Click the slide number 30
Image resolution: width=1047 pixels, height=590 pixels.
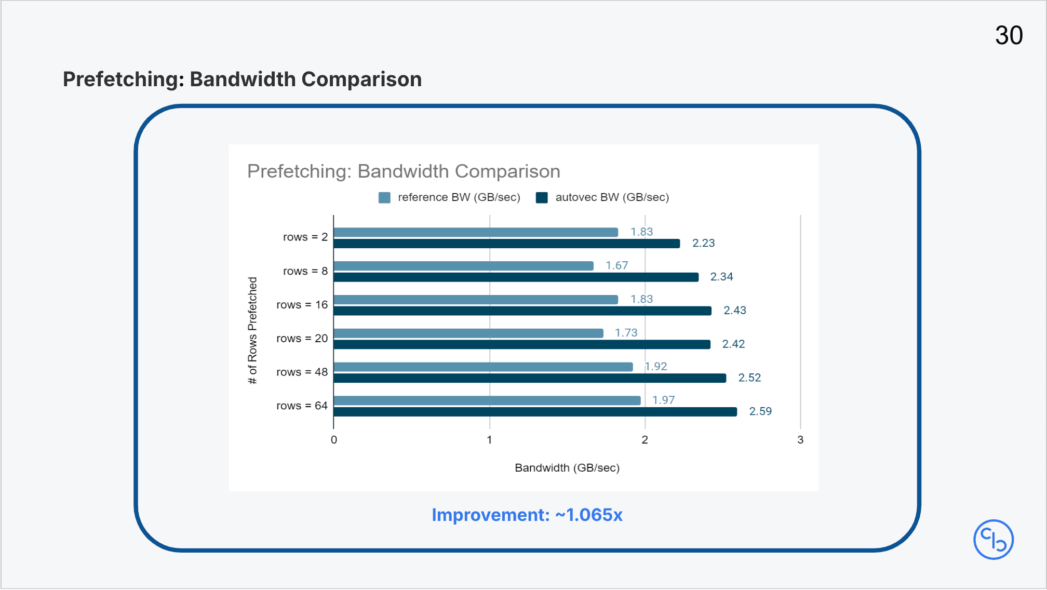(1009, 36)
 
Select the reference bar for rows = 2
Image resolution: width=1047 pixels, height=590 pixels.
(475, 232)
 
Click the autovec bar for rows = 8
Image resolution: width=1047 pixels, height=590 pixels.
(516, 277)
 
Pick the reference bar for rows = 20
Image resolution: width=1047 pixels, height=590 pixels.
(468, 333)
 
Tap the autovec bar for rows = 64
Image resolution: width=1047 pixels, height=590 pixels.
(535, 412)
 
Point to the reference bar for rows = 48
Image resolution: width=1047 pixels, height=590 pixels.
(483, 367)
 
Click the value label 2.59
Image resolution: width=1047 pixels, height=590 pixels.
(760, 411)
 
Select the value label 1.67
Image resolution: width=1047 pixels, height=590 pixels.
(616, 265)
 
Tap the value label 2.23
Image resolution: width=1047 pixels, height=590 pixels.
(703, 243)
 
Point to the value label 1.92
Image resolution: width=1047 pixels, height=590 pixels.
(656, 367)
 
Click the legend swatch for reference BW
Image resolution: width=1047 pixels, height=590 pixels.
(384, 198)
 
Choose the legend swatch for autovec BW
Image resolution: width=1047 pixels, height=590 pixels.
(542, 198)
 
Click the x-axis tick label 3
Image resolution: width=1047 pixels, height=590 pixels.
(800, 440)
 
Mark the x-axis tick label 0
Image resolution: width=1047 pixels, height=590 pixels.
(334, 440)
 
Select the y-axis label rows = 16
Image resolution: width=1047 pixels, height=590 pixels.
(302, 305)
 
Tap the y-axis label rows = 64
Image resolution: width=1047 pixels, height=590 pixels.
(302, 406)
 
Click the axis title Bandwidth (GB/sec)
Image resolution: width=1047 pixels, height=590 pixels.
(567, 468)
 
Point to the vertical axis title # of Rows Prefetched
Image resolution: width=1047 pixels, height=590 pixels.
(252, 330)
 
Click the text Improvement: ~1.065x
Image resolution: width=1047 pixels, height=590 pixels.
(527, 515)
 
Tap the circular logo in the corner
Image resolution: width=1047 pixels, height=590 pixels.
(993, 540)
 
